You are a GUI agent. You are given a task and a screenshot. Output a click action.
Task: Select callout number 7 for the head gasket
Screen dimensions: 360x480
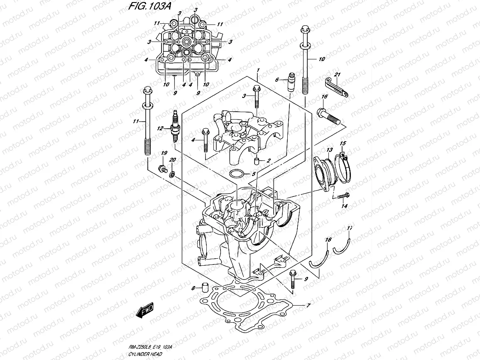point(308,306)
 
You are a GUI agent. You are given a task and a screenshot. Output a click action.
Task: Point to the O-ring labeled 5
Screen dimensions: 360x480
point(237,174)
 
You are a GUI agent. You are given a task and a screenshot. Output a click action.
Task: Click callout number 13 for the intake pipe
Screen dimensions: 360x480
point(329,149)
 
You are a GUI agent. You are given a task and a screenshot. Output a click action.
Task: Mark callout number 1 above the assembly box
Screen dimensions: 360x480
point(258,71)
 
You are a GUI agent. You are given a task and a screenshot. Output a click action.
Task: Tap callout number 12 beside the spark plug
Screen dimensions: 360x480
point(160,129)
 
